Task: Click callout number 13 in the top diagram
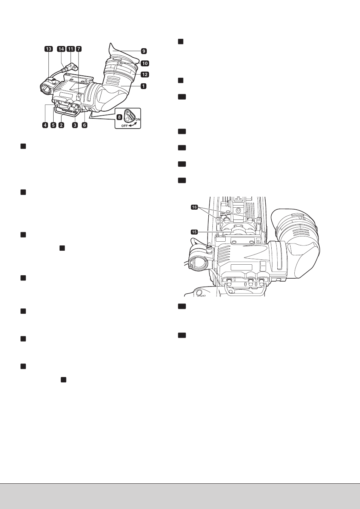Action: click(x=48, y=49)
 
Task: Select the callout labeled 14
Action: click(x=61, y=49)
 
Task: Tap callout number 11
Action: click(x=71, y=49)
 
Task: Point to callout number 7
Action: click(x=78, y=49)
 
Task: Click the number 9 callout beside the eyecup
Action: click(x=144, y=51)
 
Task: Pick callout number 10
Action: click(x=145, y=63)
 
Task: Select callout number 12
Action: click(x=145, y=74)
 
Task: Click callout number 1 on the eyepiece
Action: click(x=143, y=86)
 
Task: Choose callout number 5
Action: click(x=53, y=125)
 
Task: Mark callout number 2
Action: click(x=61, y=125)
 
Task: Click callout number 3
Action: click(x=75, y=125)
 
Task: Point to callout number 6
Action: click(x=85, y=125)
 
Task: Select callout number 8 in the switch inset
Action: click(x=119, y=117)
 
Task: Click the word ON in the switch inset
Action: click(x=138, y=119)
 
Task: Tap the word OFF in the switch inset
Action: click(x=125, y=126)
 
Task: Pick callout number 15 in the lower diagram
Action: click(x=194, y=232)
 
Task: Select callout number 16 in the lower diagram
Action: click(x=194, y=207)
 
